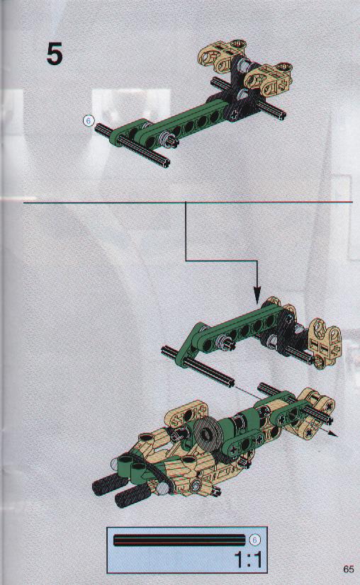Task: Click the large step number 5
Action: (x=55, y=55)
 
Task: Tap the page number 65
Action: (x=348, y=569)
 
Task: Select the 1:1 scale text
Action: (x=248, y=560)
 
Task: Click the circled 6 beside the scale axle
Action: (x=254, y=540)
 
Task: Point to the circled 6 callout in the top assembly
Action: (x=89, y=121)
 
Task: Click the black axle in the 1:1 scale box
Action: (x=179, y=540)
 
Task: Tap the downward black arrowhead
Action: (x=257, y=296)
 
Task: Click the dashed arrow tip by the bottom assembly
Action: (x=334, y=434)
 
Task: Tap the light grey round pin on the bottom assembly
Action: (x=162, y=489)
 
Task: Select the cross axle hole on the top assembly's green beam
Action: (x=233, y=115)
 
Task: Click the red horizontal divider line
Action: (x=189, y=203)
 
